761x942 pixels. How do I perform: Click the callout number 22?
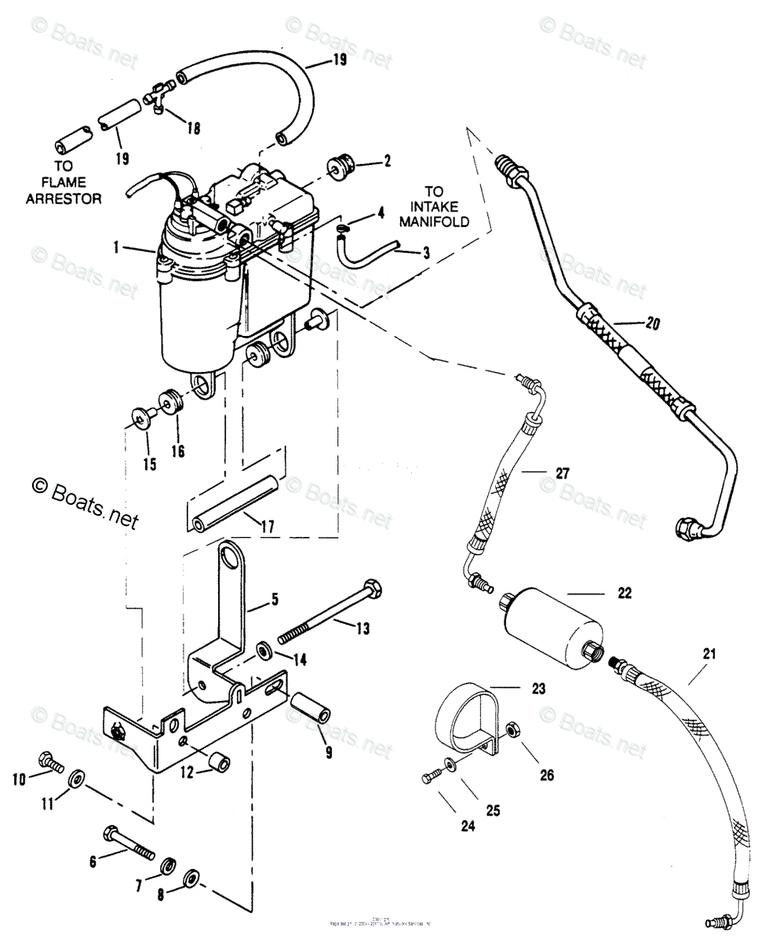click(x=624, y=594)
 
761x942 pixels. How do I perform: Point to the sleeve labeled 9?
click(x=311, y=707)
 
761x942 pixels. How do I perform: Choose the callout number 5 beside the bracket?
click(x=275, y=601)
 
